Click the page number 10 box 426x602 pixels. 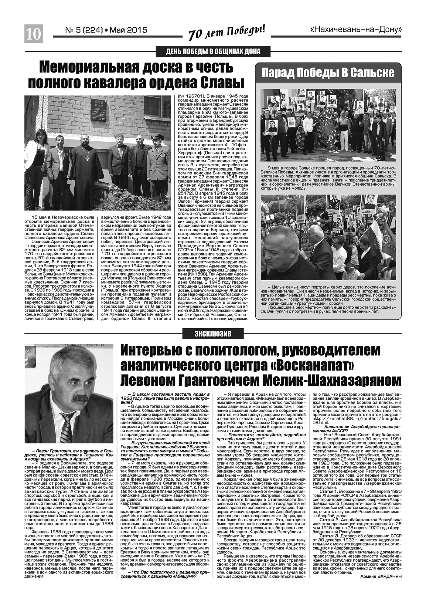[x=33, y=33]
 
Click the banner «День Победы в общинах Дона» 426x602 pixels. [x=213, y=52]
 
